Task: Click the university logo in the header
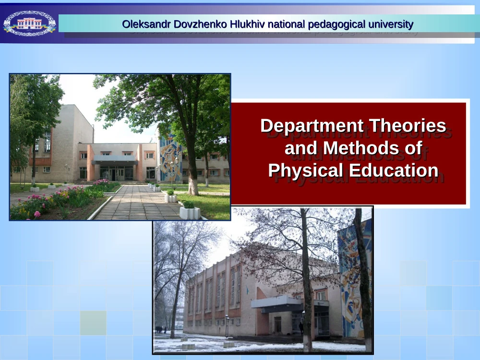coord(30,23)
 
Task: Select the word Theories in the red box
coord(407,125)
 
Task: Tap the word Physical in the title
coord(305,171)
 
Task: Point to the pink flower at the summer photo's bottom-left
coord(37,214)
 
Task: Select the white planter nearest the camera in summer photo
coord(190,213)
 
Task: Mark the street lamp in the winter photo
coord(227,326)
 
